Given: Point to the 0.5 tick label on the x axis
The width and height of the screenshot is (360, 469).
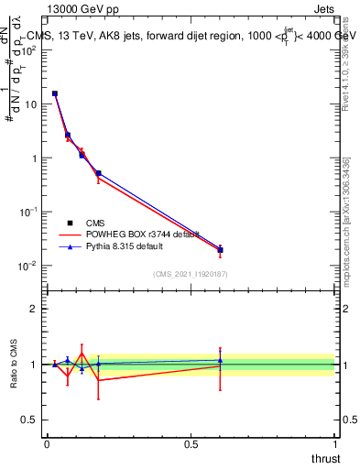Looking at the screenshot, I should click(191, 443).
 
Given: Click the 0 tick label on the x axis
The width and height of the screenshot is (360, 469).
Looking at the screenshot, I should click(47, 443).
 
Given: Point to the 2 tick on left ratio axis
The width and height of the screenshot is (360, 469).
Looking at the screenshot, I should click(34, 309).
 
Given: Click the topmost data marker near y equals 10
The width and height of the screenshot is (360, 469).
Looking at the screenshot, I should click(55, 93).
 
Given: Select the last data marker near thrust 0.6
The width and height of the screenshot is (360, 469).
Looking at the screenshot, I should click(220, 250).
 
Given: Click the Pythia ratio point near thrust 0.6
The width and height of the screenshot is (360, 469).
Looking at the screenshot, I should click(220, 360).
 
